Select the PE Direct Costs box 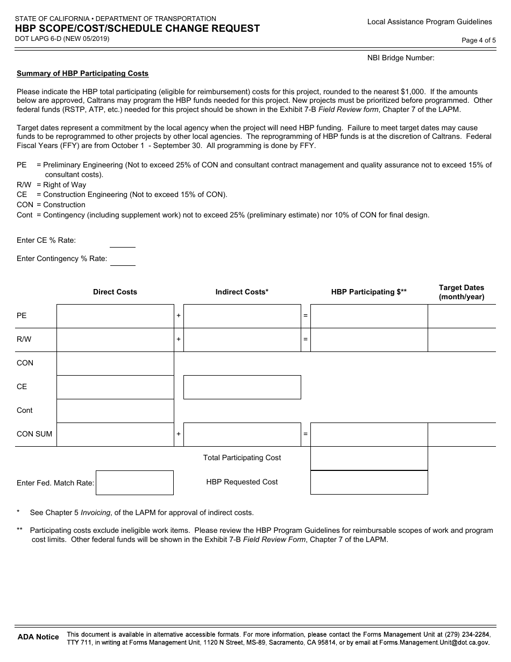tap(115, 316)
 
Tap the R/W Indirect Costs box tap(242, 340)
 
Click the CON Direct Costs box tap(115, 363)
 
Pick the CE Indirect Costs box tap(242, 387)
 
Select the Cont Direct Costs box tap(115, 411)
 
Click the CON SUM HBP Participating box tap(369, 434)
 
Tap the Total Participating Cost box tap(369, 458)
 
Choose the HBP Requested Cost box tap(369, 482)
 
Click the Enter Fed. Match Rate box tap(134, 483)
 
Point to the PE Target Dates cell tap(462, 316)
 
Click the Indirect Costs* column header tap(242, 292)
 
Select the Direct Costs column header tap(115, 292)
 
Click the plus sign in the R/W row tap(179, 340)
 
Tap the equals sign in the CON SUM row tap(306, 434)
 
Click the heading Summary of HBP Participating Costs tap(82, 73)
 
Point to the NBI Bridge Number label tap(401, 58)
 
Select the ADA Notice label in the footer tap(38, 637)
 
